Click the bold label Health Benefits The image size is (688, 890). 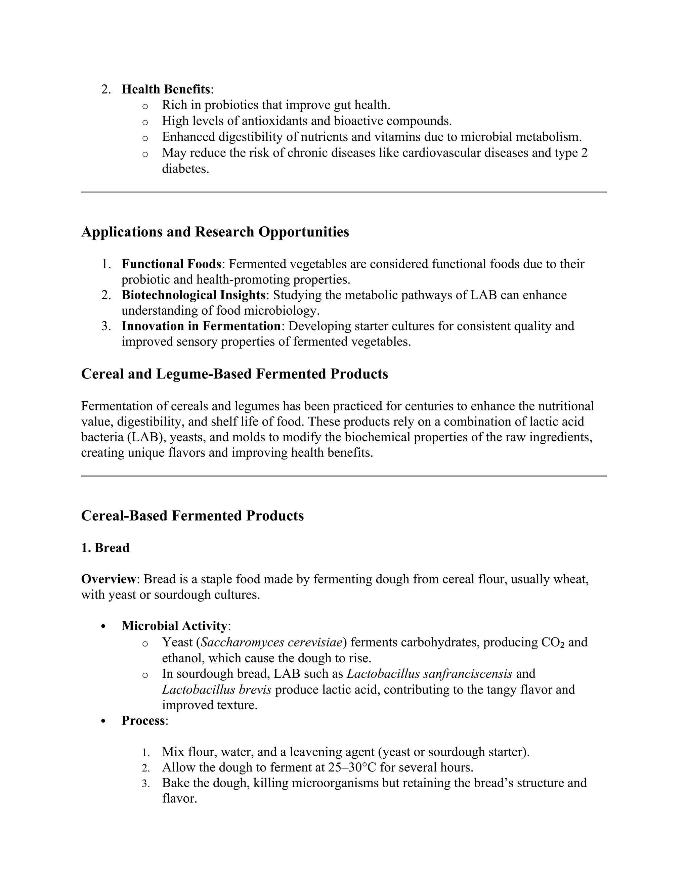tap(166, 89)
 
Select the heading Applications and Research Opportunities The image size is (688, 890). tap(215, 232)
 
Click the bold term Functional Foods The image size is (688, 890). tap(171, 264)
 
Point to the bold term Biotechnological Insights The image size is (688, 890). tap(193, 295)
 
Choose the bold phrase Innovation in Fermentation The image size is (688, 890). tap(201, 326)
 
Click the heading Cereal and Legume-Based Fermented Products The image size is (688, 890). tap(234, 374)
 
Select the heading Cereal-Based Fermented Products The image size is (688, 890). tap(192, 516)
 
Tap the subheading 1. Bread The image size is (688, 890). tap(105, 548)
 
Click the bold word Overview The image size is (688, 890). tap(108, 579)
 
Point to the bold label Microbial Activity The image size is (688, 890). tap(174, 626)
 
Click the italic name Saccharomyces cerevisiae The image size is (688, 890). tap(271, 642)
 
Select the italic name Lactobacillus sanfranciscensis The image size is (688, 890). tap(429, 674)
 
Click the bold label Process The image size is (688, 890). tap(143, 720)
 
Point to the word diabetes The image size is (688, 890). tap(185, 169)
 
